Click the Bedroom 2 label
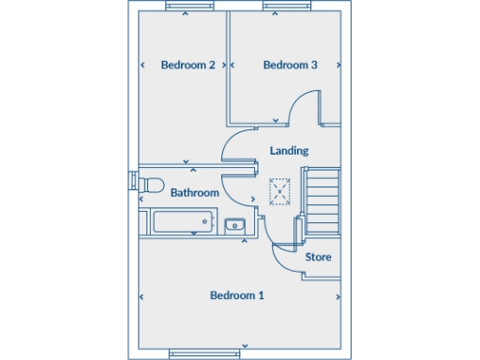coord(187,65)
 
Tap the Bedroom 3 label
coord(290,65)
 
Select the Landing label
coord(289,150)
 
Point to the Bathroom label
coord(195,192)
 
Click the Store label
coord(319,256)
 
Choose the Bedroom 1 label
coord(236,295)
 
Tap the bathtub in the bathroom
coord(181,223)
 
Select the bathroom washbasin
coord(234,224)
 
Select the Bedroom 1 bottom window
coord(197,353)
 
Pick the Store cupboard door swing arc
coord(286,261)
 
